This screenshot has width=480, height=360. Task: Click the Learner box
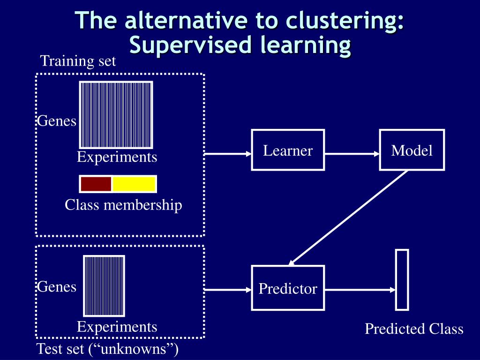(288, 150)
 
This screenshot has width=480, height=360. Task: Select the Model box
(412, 150)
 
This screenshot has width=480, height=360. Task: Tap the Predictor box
(288, 288)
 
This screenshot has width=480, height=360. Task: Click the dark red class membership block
(96, 184)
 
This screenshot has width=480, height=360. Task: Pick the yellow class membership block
(134, 184)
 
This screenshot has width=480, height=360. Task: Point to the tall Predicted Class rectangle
(402, 279)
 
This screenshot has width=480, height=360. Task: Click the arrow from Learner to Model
(352, 153)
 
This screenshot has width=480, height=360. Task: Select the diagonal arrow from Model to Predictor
(349, 217)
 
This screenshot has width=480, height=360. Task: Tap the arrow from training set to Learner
(228, 153)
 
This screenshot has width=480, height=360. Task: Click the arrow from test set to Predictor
(228, 290)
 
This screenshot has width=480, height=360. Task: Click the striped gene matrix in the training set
(116, 114)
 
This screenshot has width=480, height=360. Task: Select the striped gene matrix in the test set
(104, 285)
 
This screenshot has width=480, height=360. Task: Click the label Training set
(78, 61)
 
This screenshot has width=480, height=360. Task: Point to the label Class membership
(123, 205)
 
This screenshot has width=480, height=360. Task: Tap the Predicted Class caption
(414, 329)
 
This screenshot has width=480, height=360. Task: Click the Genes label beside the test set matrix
(57, 286)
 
